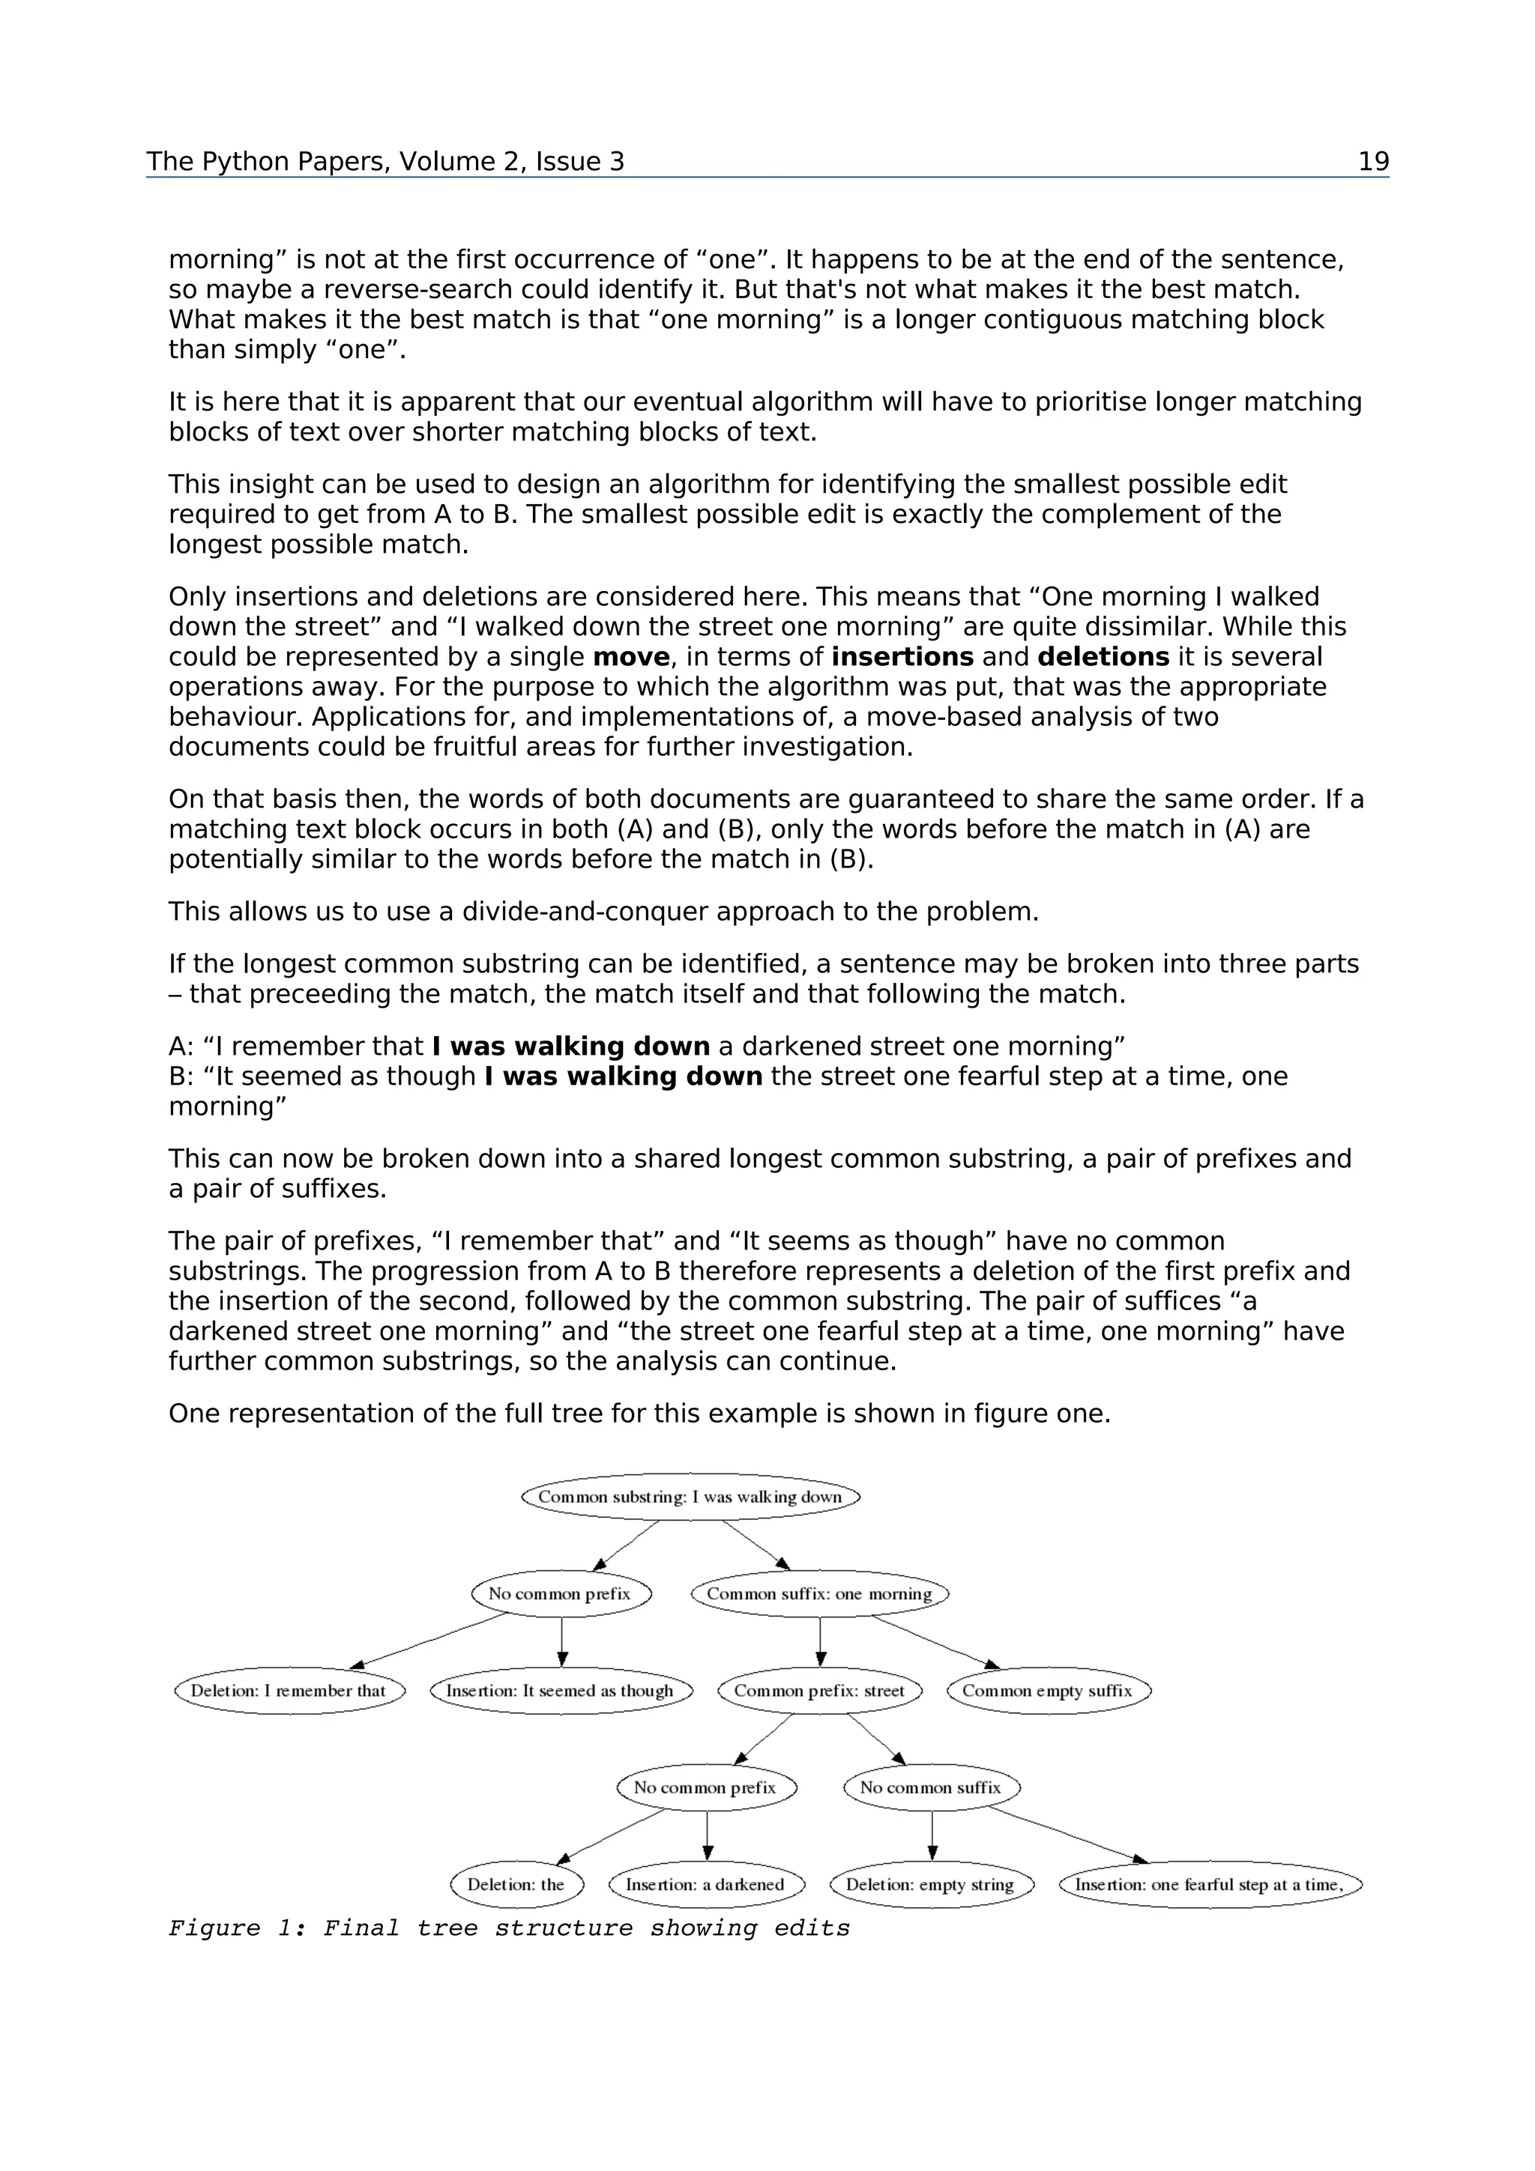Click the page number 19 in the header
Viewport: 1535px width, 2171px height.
click(x=1372, y=162)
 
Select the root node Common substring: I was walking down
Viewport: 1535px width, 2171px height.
click(x=690, y=1497)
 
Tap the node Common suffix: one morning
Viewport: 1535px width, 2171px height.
click(x=819, y=1593)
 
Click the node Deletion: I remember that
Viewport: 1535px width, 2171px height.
click(x=289, y=1691)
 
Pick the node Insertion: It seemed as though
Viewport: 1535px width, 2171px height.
click(x=561, y=1691)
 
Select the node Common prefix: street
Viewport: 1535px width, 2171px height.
click(x=819, y=1691)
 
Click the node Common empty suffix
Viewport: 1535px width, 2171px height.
click(x=1048, y=1691)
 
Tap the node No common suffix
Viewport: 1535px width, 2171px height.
click(x=931, y=1787)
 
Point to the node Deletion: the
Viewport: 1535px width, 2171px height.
click(x=516, y=1885)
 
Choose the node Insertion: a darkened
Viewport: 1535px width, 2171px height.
click(x=705, y=1885)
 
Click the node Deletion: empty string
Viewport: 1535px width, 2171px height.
click(x=931, y=1885)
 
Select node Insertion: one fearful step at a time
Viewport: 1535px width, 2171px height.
click(x=1210, y=1885)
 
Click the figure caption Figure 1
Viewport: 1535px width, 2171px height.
click(x=509, y=1928)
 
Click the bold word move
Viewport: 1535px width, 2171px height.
click(x=631, y=657)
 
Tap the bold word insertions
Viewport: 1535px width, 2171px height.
click(x=902, y=657)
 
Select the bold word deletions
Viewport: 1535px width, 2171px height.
click(x=1103, y=657)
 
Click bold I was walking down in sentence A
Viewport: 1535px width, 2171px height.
click(x=570, y=1047)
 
